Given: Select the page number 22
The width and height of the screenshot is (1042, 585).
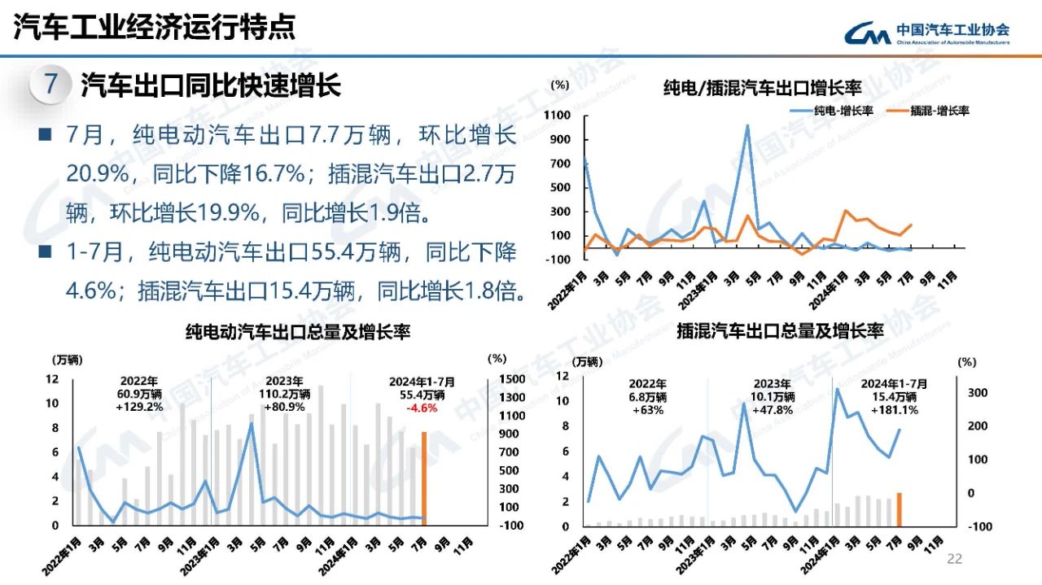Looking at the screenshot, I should [954, 559].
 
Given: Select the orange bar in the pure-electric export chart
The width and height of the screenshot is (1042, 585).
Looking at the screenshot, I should [423, 478].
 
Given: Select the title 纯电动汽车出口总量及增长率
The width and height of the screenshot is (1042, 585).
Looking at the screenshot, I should [298, 331].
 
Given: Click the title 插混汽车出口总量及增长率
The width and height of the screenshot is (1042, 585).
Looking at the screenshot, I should [779, 331].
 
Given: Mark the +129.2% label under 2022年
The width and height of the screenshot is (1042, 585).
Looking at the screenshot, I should [139, 406].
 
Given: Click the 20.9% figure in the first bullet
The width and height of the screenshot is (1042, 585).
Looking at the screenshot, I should [94, 173].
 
